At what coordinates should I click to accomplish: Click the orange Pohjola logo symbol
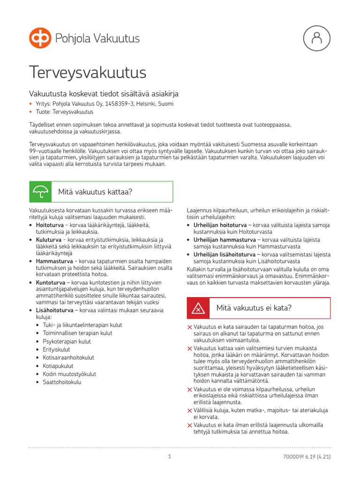click(40, 38)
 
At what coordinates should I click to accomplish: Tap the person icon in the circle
click(317, 38)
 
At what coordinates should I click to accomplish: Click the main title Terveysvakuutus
click(88, 73)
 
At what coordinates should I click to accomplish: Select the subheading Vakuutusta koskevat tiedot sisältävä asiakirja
click(104, 93)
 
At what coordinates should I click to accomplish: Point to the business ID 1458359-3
click(117, 104)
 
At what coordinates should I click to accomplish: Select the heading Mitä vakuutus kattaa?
click(95, 192)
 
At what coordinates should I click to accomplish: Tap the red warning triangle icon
click(198, 308)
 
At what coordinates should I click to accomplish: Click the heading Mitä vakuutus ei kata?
click(254, 308)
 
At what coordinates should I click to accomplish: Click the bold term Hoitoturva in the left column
click(49, 225)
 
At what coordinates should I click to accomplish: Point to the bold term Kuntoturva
click(50, 283)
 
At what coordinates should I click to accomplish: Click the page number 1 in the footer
click(170, 456)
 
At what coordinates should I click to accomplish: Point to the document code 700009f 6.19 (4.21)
click(307, 456)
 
